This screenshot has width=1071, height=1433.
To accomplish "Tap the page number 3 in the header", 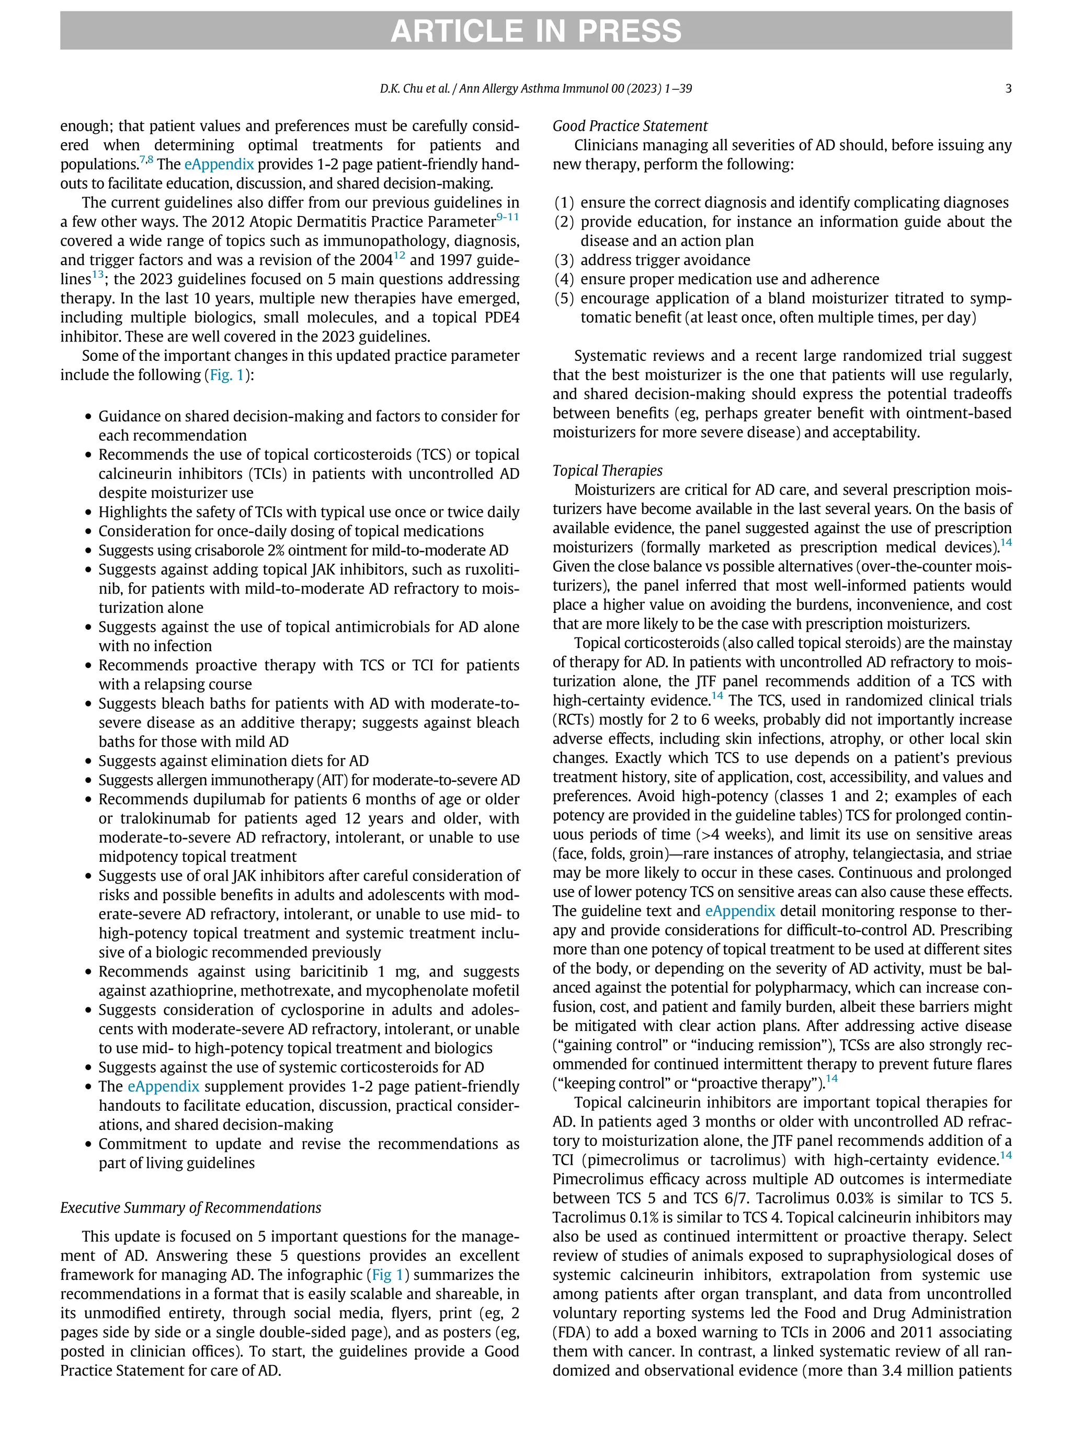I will coord(1008,89).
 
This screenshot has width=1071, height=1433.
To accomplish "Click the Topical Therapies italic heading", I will coord(607,470).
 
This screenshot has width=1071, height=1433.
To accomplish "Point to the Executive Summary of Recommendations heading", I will coord(190,1208).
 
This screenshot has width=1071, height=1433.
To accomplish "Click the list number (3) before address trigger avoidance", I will coord(564,260).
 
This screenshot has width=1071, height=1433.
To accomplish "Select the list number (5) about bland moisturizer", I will coord(564,299).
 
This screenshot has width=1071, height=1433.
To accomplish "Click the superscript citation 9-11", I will coord(507,217).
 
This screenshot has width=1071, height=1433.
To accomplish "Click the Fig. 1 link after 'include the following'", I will coord(227,375).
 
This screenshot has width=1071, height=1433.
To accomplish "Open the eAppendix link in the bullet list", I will coord(163,1086).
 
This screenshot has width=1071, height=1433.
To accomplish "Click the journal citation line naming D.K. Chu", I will coord(535,89).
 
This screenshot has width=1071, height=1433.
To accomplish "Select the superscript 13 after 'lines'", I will coord(97,275).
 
